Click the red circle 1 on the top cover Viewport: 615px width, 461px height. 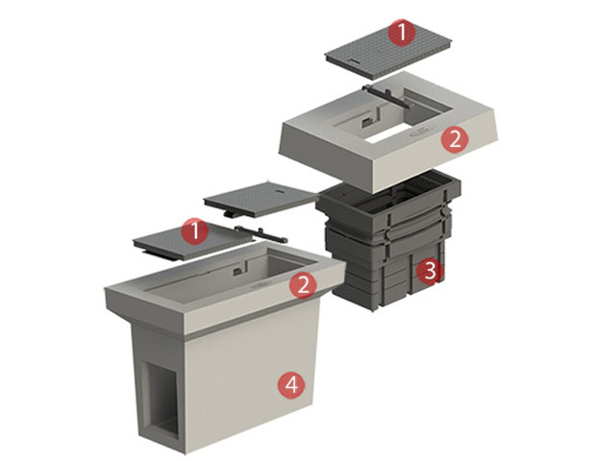(x=402, y=33)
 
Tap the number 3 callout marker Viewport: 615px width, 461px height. (x=430, y=271)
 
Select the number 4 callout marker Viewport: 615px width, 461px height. (x=291, y=384)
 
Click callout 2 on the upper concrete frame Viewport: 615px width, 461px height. (x=455, y=139)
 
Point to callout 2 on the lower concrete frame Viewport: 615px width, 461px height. (x=304, y=285)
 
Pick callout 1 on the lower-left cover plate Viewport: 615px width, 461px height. (x=195, y=231)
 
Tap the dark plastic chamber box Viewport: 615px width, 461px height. (x=388, y=239)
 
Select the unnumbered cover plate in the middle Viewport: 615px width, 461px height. (x=258, y=199)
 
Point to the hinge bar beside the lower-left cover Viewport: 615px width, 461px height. (x=260, y=234)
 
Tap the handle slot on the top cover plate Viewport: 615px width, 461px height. (x=353, y=61)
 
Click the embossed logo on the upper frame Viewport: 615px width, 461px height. (x=421, y=133)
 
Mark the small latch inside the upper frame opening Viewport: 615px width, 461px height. (x=366, y=122)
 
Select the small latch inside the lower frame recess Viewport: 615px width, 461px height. (x=237, y=271)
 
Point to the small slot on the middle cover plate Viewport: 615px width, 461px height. (x=280, y=190)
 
